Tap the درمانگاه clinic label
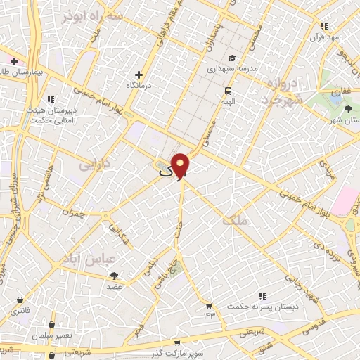141,85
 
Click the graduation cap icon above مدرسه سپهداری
231,58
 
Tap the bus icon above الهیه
229,90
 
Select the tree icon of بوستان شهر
348,108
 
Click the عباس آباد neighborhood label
89,259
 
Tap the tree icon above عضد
114,275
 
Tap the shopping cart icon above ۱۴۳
208,305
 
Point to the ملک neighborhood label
234,221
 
